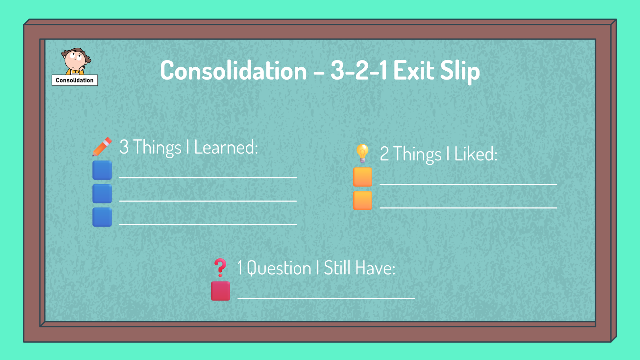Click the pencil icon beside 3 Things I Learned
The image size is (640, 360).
102,147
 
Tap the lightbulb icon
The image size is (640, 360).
362,153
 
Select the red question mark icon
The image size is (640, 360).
220,267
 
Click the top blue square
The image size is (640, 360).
102,170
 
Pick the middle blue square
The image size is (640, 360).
102,194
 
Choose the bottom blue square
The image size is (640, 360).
102,217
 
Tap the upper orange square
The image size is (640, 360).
362,177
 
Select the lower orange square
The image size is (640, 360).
362,201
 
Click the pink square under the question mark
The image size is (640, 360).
220,291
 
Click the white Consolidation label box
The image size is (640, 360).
75,80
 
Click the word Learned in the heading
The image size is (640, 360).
226,147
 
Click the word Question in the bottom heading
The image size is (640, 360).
279,268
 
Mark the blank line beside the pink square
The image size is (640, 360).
326,298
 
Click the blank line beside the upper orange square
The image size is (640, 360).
468,184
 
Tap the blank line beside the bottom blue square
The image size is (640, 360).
208,225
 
